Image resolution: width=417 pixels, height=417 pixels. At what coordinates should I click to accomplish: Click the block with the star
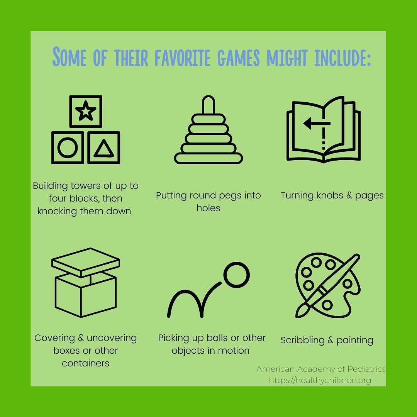click(86, 112)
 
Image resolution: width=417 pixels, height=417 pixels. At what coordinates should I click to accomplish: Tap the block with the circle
click(68, 147)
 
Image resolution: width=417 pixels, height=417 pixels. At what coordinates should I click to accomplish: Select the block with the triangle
click(104, 147)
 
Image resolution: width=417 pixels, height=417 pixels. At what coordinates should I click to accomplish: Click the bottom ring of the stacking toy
click(208, 159)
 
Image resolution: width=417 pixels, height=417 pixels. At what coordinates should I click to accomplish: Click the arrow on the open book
click(317, 124)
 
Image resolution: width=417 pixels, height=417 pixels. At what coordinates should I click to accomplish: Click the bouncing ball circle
click(236, 275)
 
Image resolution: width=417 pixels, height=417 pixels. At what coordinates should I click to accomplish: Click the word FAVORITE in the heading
click(182, 58)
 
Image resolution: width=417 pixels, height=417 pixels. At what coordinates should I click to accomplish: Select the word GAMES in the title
click(238, 58)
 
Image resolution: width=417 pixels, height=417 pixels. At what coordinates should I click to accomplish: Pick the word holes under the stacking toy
click(208, 208)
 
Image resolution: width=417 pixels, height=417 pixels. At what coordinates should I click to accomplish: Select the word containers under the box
click(85, 363)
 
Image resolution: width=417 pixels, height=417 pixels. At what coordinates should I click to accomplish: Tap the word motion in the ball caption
click(234, 351)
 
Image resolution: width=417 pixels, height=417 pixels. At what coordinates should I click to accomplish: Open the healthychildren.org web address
click(320, 380)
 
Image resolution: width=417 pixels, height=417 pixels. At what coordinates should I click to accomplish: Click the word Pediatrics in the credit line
click(367, 369)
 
